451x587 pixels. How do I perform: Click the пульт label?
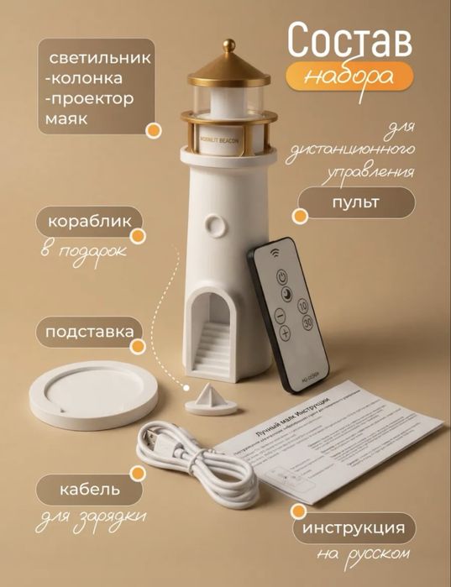[x=355, y=202]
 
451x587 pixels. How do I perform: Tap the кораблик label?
[x=85, y=223]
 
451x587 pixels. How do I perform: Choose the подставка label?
[x=89, y=331]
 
